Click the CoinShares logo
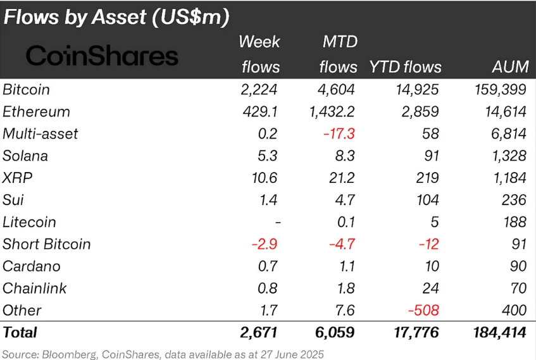(102, 56)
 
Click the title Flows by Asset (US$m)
(116, 17)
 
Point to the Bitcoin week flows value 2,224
(259, 90)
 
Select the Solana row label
(25, 156)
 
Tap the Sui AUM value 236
(513, 200)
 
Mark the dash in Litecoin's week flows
(277, 223)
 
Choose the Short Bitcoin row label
(47, 244)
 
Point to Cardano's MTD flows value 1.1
(344, 266)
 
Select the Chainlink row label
(35, 289)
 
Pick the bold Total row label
(20, 333)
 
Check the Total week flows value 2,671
(257, 333)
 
